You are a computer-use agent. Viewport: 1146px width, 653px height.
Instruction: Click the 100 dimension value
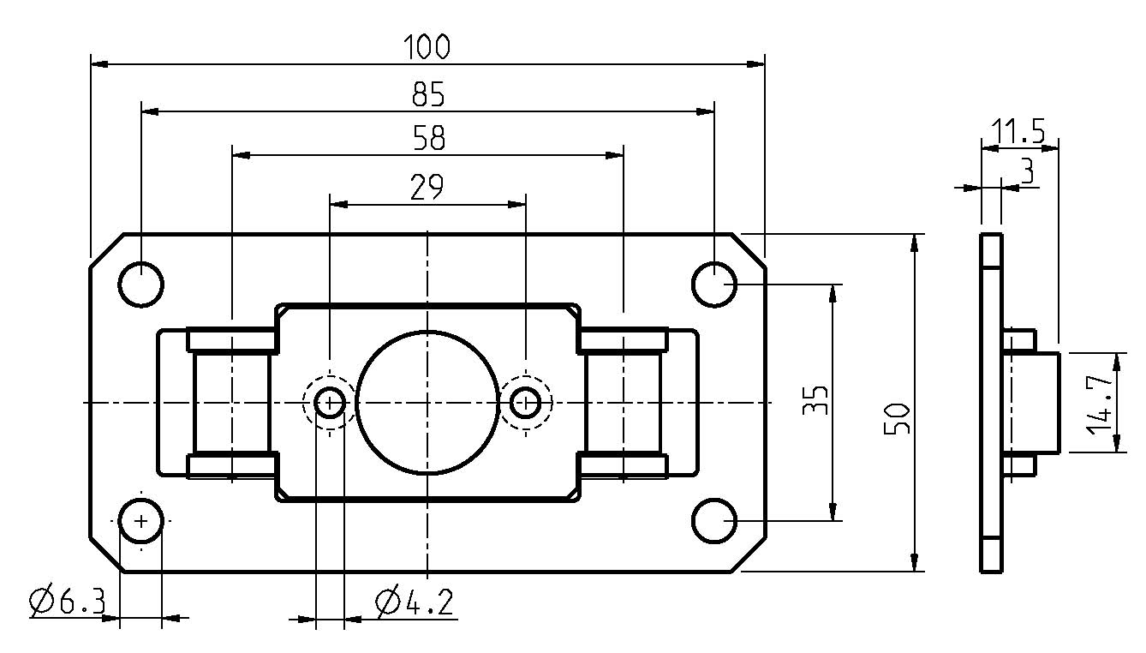coord(427,46)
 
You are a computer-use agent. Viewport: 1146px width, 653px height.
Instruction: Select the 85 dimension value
coord(427,94)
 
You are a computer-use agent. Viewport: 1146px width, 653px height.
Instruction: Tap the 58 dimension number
coord(427,139)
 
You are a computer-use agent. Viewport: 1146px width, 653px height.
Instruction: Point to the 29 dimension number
coord(427,188)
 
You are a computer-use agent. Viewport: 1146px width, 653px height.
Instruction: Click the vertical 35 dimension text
coord(816,400)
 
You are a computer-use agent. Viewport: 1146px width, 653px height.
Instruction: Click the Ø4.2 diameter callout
coord(414,602)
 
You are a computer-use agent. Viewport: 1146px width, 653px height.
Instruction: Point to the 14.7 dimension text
coord(1100,402)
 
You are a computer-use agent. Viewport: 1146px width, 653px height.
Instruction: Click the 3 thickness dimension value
coord(1028,171)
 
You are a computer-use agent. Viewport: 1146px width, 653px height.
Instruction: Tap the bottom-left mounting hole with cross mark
coord(141,520)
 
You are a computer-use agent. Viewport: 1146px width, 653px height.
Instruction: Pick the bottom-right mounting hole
coord(713,520)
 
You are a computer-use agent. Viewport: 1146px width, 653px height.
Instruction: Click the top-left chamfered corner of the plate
coord(107,249)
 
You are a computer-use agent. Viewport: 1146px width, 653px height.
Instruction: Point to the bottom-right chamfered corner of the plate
coord(749,555)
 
